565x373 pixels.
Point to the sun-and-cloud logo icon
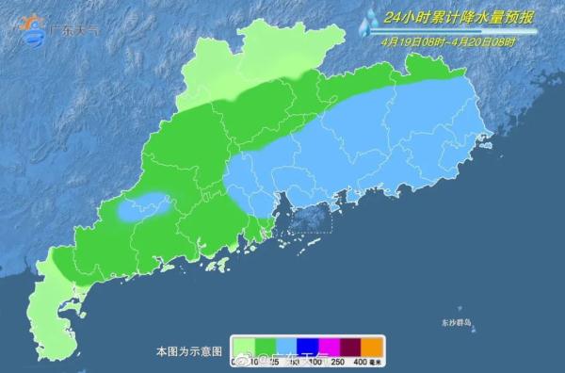point(32,29)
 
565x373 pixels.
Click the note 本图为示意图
point(188,351)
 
